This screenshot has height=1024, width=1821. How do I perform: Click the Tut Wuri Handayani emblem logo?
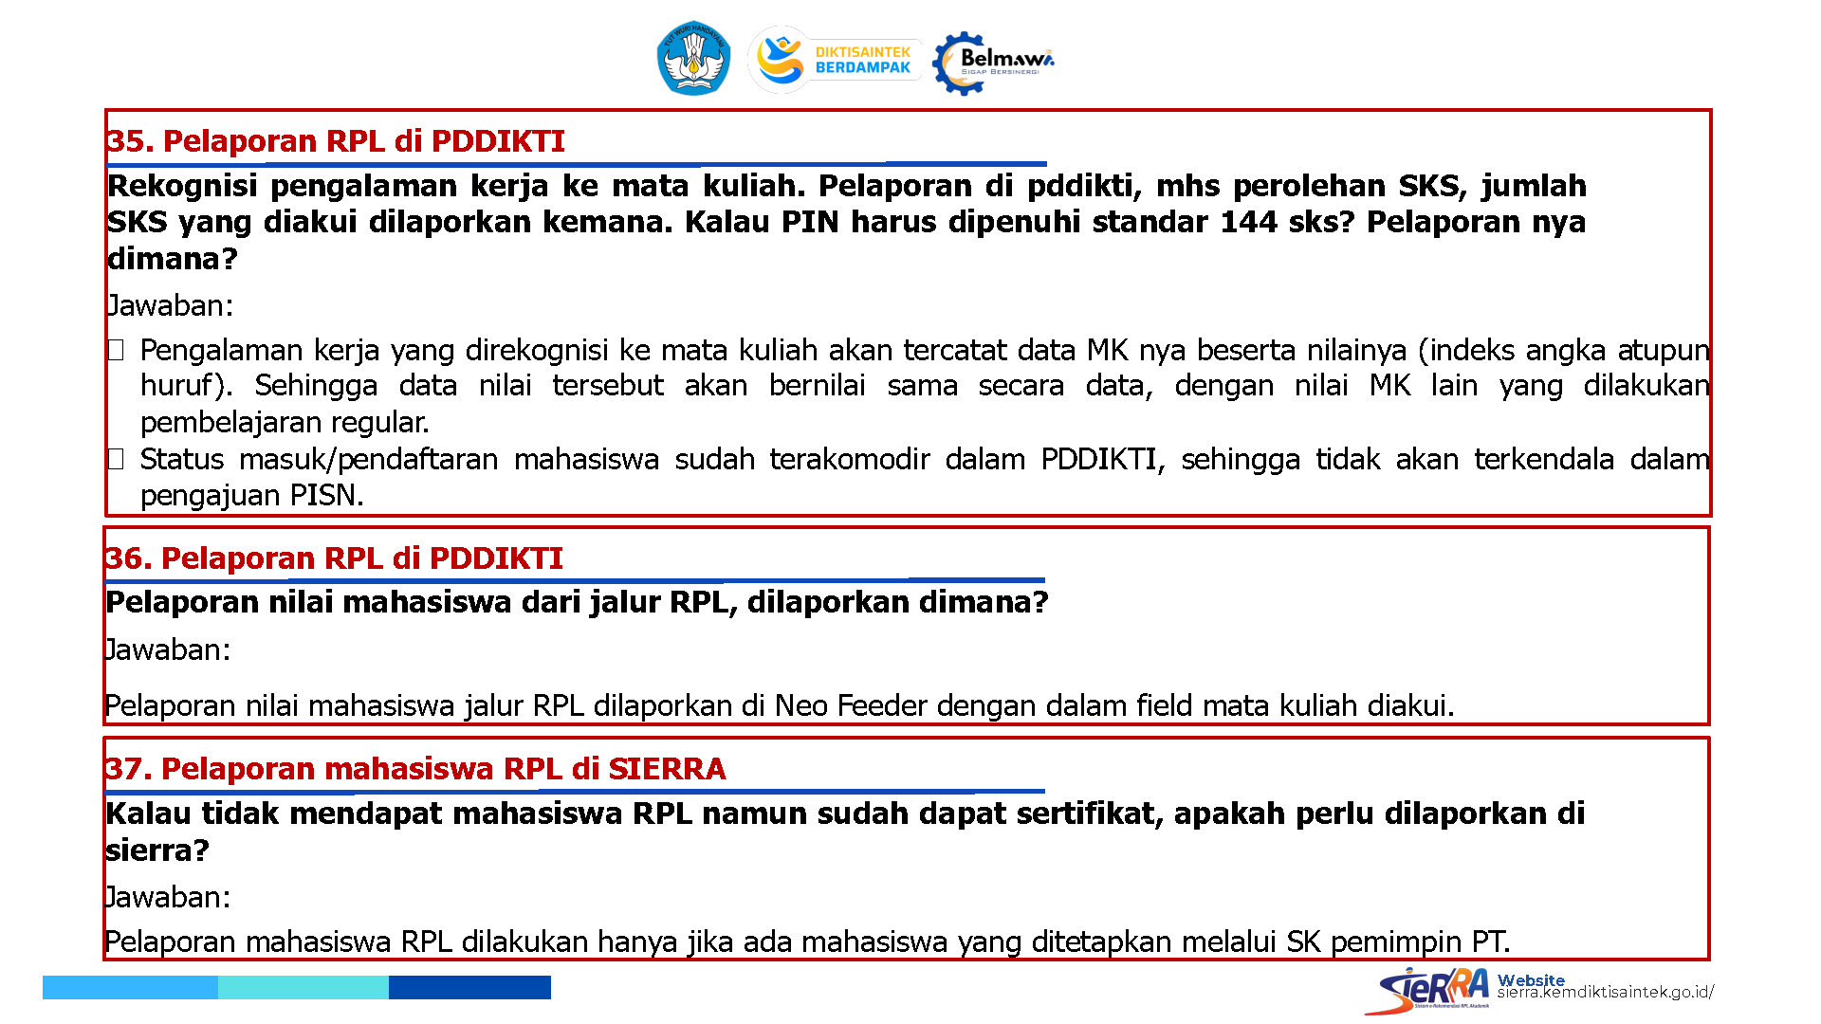point(693,58)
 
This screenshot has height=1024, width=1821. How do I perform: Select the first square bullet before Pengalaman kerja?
point(116,351)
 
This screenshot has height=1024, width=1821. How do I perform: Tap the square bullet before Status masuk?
point(116,460)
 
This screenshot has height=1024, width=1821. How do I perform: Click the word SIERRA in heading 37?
point(667,769)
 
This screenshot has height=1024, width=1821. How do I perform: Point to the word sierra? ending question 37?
point(156,850)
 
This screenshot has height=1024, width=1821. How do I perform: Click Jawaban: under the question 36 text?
point(167,650)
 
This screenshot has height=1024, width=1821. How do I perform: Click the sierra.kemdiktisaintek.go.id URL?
point(1606,993)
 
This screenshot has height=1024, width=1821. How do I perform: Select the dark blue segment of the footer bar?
point(469,987)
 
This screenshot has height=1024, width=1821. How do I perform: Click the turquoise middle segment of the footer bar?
point(303,987)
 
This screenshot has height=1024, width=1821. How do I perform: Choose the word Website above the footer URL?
point(1531,979)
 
